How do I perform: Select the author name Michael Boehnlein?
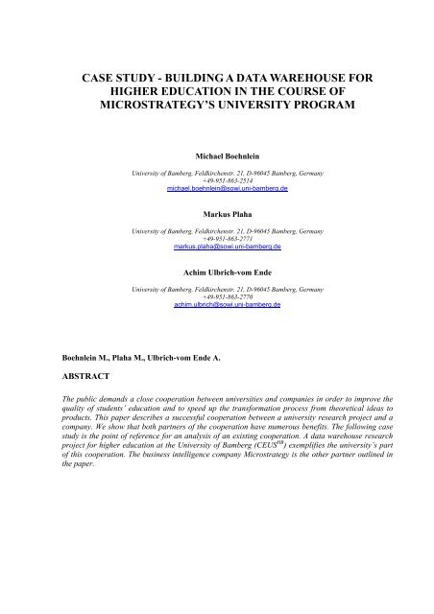[x=216, y=154]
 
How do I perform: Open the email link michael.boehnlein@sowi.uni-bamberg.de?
[x=216, y=187]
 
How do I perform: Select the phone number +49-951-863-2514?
[x=216, y=178]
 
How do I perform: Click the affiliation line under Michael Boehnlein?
[x=216, y=171]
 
